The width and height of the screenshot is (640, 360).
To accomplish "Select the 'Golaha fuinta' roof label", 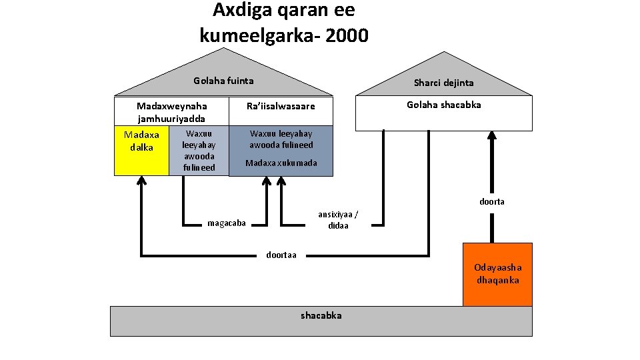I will pyautogui.click(x=223, y=81).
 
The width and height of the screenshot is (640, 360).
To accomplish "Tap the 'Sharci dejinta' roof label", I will pyautogui.click(x=443, y=83).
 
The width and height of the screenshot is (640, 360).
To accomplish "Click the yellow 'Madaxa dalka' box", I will pyautogui.click(x=141, y=149).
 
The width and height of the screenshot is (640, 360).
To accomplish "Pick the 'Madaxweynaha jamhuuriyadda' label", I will pyautogui.click(x=171, y=112).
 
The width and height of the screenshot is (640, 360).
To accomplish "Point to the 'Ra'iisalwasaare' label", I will pyautogui.click(x=280, y=107).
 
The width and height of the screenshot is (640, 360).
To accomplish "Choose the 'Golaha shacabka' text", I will pyautogui.click(x=443, y=105).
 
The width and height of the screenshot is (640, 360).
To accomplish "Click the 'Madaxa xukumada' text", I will pyautogui.click(x=281, y=163).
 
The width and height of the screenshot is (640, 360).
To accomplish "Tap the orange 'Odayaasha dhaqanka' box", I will pyautogui.click(x=497, y=274).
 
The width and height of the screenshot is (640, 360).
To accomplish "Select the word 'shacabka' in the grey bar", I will pyautogui.click(x=321, y=315).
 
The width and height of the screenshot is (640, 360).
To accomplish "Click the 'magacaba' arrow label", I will pyautogui.click(x=227, y=223).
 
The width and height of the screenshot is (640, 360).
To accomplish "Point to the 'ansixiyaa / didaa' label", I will pyautogui.click(x=338, y=219).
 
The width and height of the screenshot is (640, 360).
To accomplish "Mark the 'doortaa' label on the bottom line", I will pyautogui.click(x=281, y=255).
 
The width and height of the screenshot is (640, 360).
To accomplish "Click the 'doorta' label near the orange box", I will pyautogui.click(x=492, y=201).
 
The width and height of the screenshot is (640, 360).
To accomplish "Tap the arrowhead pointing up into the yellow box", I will pyautogui.click(x=141, y=181).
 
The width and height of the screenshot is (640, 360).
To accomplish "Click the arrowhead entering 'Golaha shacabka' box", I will pyautogui.click(x=492, y=135).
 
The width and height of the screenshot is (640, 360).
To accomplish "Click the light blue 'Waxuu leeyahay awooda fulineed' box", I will pyautogui.click(x=199, y=151).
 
